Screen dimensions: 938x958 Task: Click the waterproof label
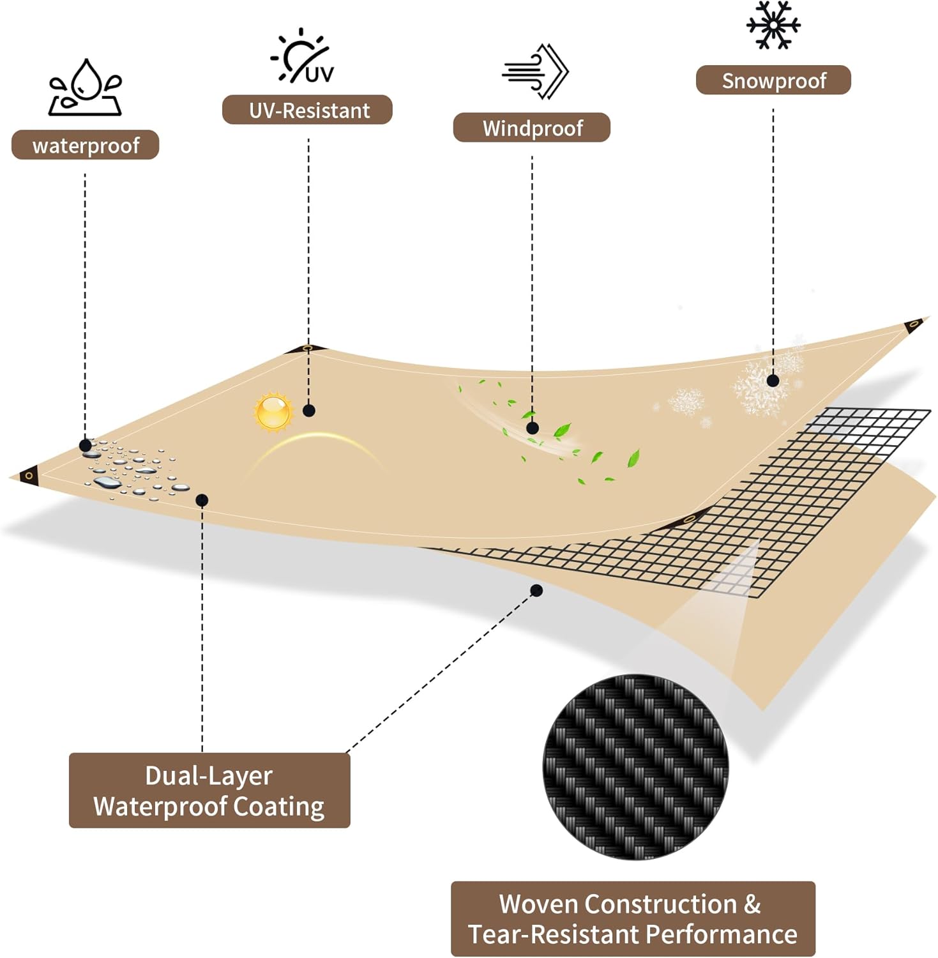click(85, 145)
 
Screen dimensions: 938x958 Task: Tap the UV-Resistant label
click(307, 110)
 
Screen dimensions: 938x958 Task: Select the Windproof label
click(532, 128)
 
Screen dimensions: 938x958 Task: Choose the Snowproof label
click(773, 80)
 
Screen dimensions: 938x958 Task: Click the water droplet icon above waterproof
click(86, 87)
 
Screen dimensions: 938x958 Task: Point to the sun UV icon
click(302, 56)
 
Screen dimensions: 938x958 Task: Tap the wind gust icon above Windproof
click(535, 71)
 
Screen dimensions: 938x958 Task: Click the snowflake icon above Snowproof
click(773, 25)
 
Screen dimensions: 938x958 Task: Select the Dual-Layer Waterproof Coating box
click(209, 791)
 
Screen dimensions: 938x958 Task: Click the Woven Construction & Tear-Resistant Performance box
click(633, 919)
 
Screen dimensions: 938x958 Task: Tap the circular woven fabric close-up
click(635, 766)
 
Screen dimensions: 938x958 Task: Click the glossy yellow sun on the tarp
click(273, 412)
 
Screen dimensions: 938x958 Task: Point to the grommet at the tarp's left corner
click(29, 476)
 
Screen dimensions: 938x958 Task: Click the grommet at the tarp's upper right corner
click(913, 324)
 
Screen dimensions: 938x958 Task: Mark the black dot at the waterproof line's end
click(86, 445)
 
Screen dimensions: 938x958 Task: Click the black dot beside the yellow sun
click(309, 411)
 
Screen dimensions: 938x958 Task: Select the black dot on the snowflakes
click(773, 381)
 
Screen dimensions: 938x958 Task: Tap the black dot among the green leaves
click(533, 428)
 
